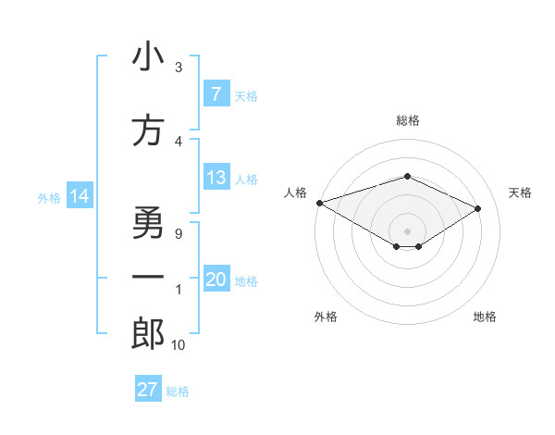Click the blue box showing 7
(x=216, y=94)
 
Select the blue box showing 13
(x=216, y=179)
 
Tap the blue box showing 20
(x=216, y=280)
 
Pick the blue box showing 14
(x=79, y=197)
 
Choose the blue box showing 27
(x=147, y=390)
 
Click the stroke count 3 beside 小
(x=179, y=68)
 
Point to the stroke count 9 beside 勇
(x=179, y=233)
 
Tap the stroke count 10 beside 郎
(x=178, y=344)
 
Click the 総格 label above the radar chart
(x=407, y=120)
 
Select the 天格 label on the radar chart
(x=520, y=193)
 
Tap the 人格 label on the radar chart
(x=295, y=193)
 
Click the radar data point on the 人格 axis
(x=319, y=203)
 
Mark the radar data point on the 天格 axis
(x=478, y=208)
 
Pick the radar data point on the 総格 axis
(x=407, y=176)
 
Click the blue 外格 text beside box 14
(x=48, y=198)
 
